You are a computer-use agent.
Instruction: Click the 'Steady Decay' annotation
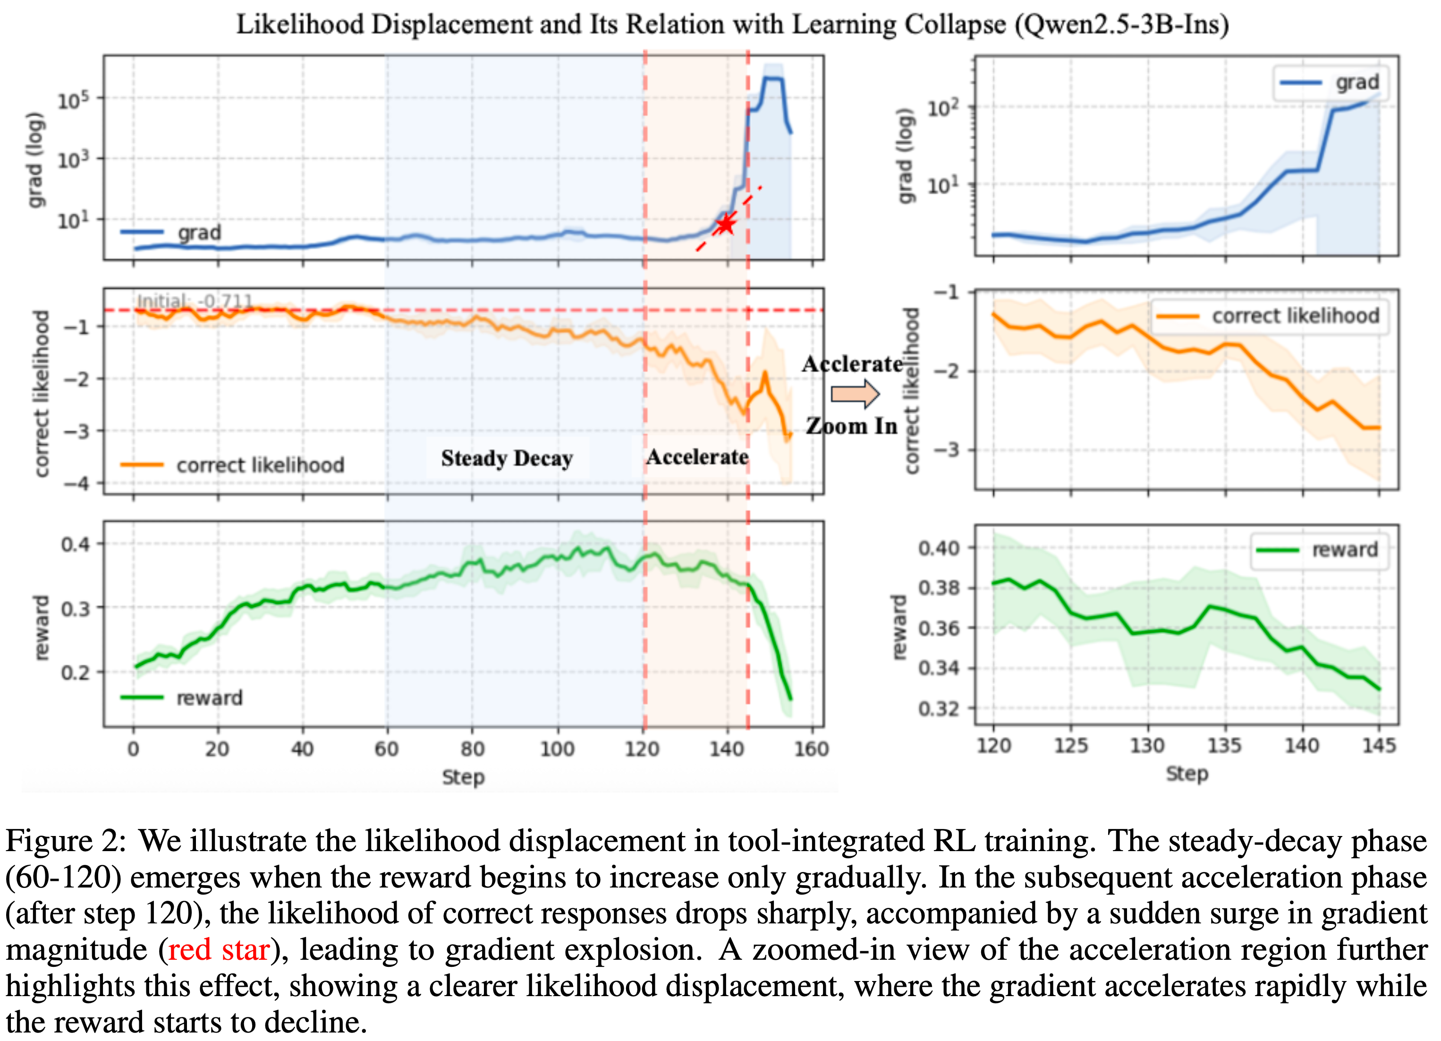pos(507,458)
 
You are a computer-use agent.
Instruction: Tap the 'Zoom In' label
pos(851,426)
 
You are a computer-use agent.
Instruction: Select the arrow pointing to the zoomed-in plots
pos(855,394)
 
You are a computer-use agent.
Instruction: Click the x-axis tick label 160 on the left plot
pos(811,749)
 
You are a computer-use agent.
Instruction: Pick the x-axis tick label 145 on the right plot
pos(1379,745)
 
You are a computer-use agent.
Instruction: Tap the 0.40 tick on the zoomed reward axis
pos(939,548)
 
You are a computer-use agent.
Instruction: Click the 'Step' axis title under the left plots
pos(463,776)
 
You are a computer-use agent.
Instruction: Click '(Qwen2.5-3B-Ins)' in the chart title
pos(1121,24)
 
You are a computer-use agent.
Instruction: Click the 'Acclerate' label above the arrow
pos(851,364)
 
